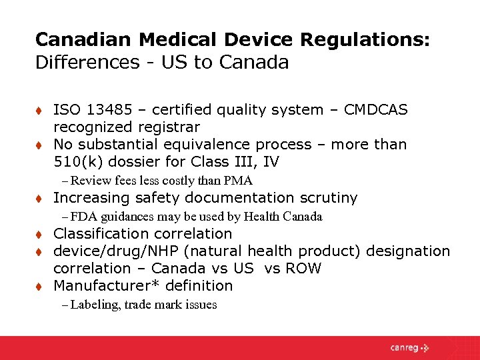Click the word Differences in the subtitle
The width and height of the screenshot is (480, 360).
pos(83,63)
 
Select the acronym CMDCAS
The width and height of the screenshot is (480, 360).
pos(376,109)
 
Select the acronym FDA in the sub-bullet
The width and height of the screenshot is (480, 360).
pos(83,217)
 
